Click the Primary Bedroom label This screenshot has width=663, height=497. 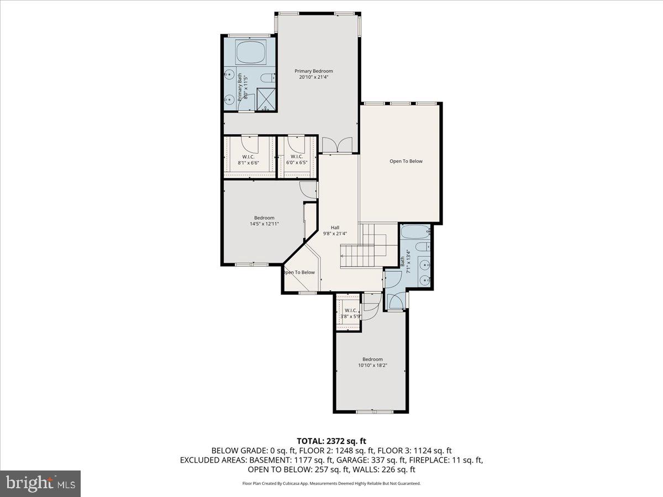[x=314, y=71]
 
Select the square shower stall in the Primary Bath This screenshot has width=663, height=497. [x=267, y=99]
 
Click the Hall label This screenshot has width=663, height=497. [x=335, y=228]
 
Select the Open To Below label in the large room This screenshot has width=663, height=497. [x=406, y=161]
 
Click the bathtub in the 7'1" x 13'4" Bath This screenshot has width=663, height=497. [x=414, y=232]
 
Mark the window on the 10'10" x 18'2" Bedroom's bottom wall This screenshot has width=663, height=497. [x=372, y=411]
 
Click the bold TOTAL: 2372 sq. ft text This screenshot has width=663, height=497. [x=331, y=441]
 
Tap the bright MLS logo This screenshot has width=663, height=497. [x=41, y=484]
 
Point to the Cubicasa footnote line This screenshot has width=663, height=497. [x=331, y=483]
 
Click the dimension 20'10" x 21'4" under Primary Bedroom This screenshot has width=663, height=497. [x=314, y=77]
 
